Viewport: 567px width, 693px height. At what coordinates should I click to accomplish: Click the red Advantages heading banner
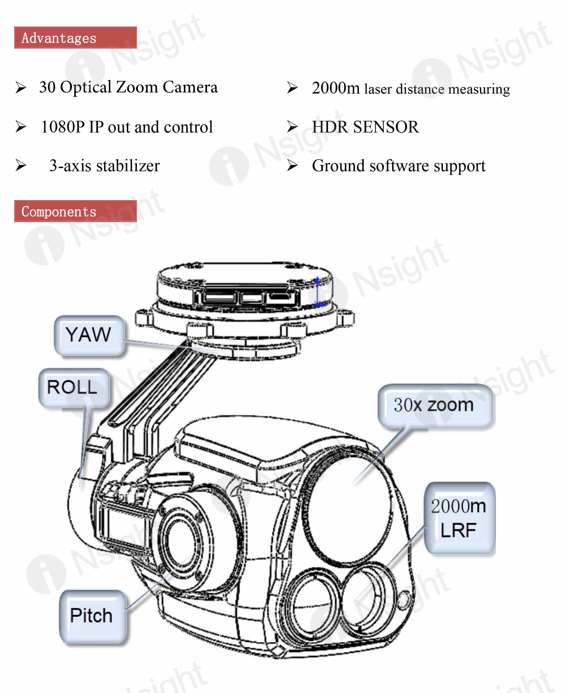click(x=75, y=38)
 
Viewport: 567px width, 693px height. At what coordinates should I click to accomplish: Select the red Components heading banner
click(x=75, y=211)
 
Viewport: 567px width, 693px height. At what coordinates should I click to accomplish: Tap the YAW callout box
click(x=89, y=335)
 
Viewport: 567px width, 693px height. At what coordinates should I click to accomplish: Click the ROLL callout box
click(x=73, y=388)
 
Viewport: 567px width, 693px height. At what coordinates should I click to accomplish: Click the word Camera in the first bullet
click(x=190, y=87)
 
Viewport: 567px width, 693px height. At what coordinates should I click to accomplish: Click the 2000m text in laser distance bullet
click(x=335, y=88)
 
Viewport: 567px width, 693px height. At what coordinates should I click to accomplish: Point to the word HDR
click(x=330, y=127)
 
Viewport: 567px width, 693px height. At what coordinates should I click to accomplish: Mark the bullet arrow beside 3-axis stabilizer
click(x=21, y=165)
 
